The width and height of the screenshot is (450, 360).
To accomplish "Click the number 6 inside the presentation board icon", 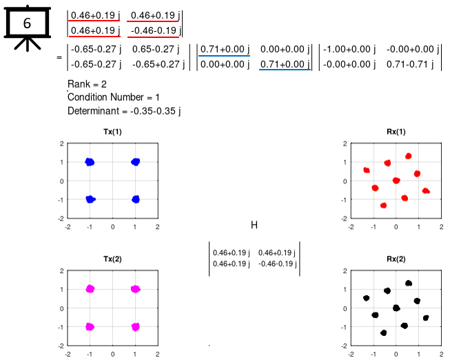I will [x=27, y=23].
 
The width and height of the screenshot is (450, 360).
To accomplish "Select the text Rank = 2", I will [x=86, y=84].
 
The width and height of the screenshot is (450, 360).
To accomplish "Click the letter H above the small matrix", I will [x=254, y=225].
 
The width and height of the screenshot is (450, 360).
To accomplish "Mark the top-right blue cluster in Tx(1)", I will [x=135, y=162].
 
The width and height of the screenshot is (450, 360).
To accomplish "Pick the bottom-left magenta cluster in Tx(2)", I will [x=90, y=326].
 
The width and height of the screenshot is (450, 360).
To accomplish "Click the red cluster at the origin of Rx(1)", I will [x=396, y=181].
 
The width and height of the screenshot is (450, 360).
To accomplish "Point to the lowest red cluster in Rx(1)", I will [x=383, y=206].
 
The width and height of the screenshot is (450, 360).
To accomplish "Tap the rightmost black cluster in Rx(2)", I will [x=426, y=318].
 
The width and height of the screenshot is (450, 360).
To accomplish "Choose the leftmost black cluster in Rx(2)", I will [x=367, y=298].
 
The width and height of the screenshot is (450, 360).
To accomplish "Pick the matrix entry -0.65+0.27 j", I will [x=156, y=65].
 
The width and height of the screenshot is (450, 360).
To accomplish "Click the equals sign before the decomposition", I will [x=59, y=57].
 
